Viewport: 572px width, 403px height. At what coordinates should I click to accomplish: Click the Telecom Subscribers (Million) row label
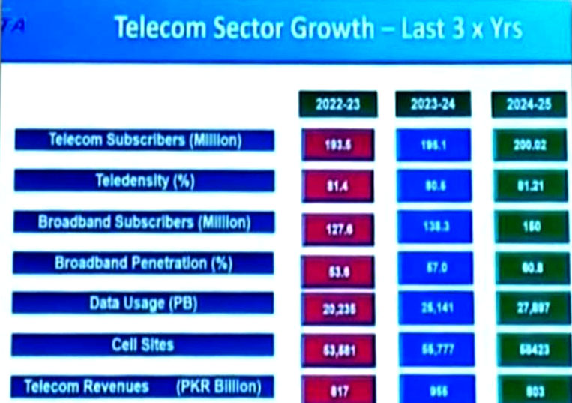tap(145, 140)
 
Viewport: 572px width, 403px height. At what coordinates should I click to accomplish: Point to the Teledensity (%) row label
tap(145, 182)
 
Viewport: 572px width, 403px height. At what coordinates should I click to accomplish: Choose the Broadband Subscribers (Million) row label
tap(145, 223)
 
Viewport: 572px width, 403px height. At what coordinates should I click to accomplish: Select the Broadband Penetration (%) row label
tap(145, 263)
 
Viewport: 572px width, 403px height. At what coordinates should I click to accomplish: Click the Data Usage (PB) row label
tap(145, 305)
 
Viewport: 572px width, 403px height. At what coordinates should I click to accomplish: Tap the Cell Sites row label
tap(145, 345)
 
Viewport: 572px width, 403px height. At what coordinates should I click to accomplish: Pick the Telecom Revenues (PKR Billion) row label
tap(145, 387)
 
